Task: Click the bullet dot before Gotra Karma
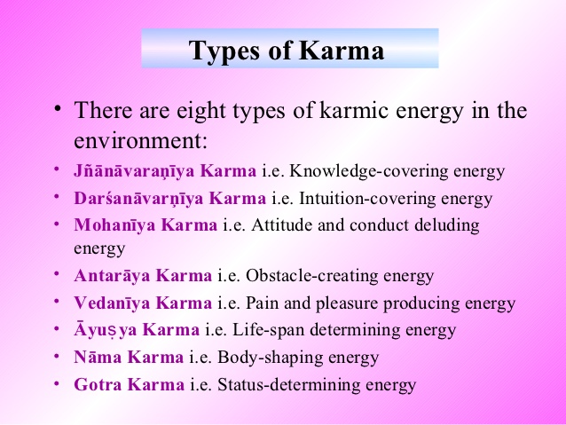[x=55, y=383]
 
